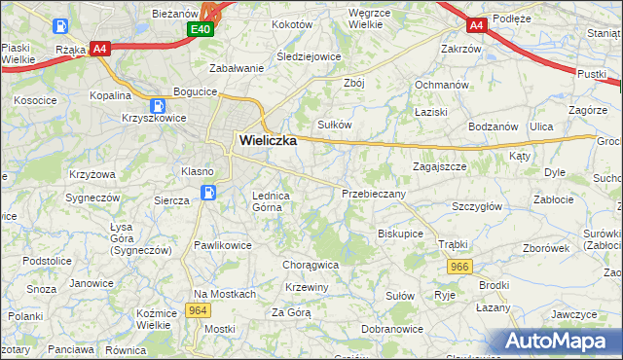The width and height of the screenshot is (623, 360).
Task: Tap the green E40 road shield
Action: click(201, 30)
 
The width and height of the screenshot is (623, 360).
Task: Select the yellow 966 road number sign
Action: click(460, 266)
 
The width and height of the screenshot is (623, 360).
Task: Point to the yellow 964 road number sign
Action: click(198, 310)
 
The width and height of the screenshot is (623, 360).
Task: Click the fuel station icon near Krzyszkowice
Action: click(157, 105)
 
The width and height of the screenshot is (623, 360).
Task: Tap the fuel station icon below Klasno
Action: click(207, 193)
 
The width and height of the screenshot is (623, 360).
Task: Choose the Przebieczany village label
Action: click(374, 194)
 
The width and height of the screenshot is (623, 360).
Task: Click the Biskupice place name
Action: click(400, 234)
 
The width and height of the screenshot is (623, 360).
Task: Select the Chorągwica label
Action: click(310, 264)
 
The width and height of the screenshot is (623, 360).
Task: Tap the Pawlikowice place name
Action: click(223, 245)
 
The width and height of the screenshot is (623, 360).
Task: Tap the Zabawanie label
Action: click(238, 68)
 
